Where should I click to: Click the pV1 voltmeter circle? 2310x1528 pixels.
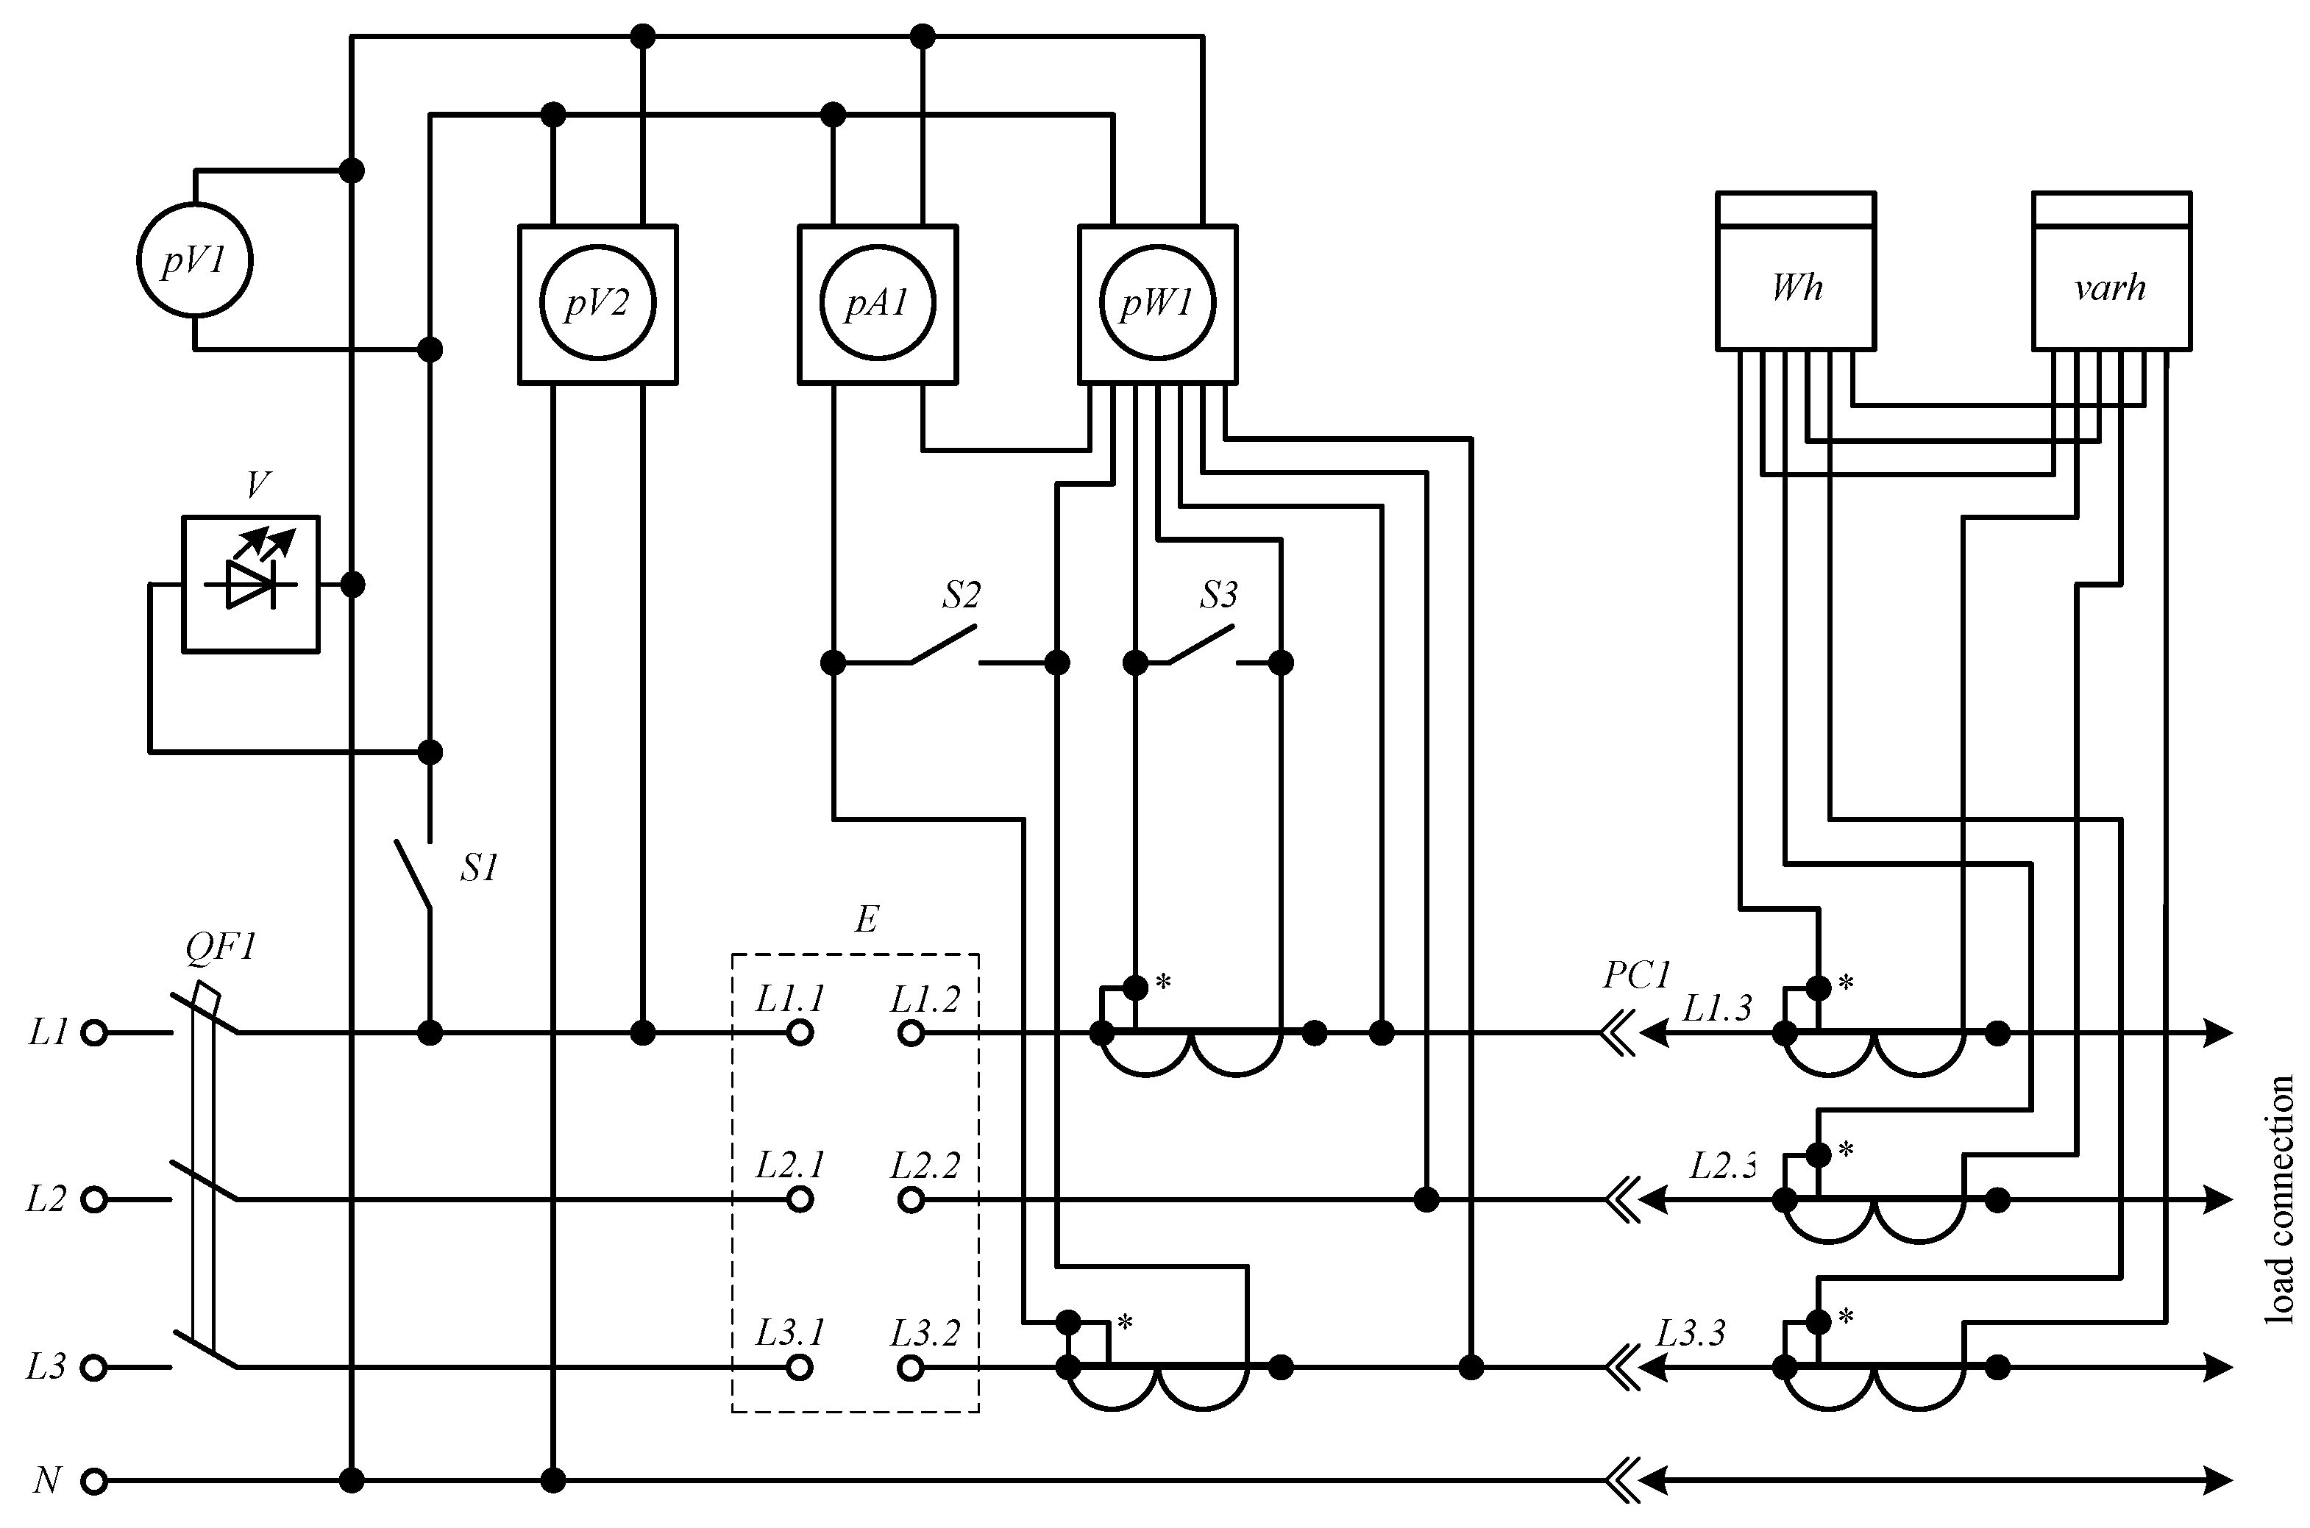pos(194,260)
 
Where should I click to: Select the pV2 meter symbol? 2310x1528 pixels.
pos(597,304)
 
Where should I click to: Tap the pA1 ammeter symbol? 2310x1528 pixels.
pos(877,304)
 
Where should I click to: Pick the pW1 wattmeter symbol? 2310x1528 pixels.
pos(1157,304)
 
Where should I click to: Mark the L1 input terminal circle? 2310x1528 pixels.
pos(93,1033)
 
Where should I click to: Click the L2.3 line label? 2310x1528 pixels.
pos(1722,1165)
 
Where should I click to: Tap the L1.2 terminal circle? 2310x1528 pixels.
pos(910,1033)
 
